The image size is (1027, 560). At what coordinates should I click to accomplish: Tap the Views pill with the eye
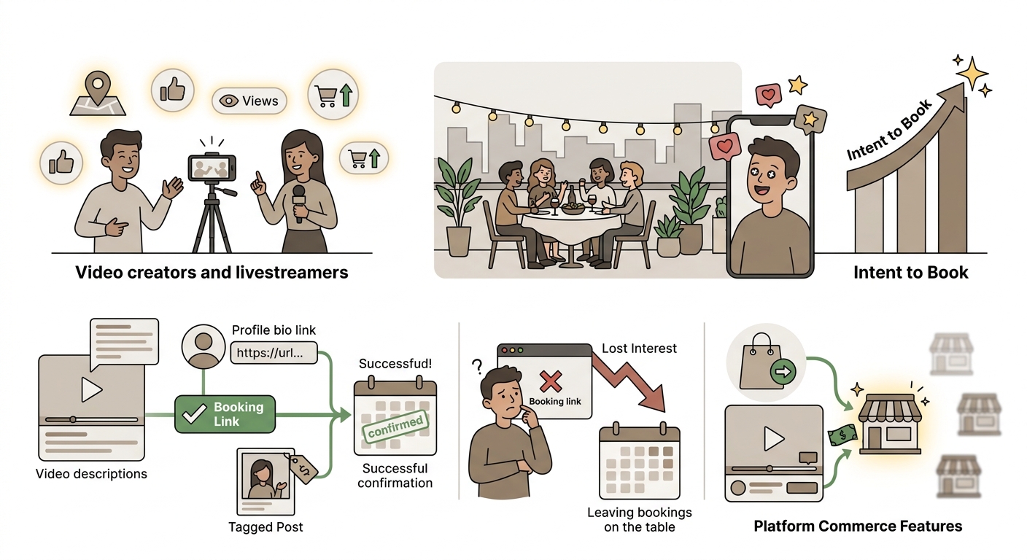(x=249, y=101)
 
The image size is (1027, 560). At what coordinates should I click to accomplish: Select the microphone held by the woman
(x=299, y=203)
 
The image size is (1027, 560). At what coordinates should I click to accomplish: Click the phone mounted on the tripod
(x=212, y=168)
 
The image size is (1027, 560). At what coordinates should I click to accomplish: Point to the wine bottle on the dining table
(x=572, y=197)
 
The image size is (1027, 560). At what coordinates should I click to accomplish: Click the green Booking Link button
(x=225, y=414)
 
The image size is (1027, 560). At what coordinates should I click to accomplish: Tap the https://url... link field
(x=274, y=353)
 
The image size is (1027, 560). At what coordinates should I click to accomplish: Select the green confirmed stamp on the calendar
(x=395, y=426)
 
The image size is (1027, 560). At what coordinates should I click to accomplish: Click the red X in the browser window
(x=551, y=381)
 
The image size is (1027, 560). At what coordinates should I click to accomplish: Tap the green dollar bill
(x=842, y=435)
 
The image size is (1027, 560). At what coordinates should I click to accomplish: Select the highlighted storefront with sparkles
(x=890, y=424)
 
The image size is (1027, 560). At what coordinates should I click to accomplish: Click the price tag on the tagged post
(x=303, y=468)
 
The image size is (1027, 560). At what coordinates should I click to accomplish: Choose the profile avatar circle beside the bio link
(x=204, y=346)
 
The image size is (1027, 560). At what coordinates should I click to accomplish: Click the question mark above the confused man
(x=477, y=366)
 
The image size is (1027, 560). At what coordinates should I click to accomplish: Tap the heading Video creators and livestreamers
(x=212, y=272)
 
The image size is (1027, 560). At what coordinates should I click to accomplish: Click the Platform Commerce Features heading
(x=858, y=526)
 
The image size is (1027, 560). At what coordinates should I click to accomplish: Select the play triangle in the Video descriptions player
(x=91, y=389)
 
